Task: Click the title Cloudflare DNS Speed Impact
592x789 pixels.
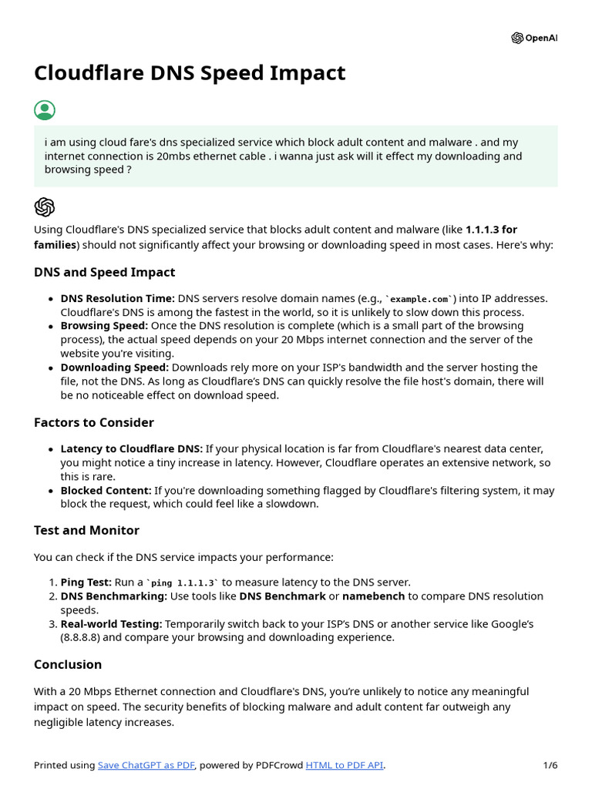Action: (190, 73)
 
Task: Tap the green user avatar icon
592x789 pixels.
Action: (45, 110)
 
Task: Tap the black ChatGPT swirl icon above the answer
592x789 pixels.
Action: (45, 206)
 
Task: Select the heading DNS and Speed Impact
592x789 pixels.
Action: (104, 272)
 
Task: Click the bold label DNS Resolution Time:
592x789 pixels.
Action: (118, 298)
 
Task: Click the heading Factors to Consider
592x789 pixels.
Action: (94, 422)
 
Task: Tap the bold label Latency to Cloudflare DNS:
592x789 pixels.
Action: (132, 448)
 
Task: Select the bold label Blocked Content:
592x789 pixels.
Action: (106, 490)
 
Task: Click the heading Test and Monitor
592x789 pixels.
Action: (86, 530)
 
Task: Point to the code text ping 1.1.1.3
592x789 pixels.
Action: (184, 583)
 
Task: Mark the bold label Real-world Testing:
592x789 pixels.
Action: (111, 623)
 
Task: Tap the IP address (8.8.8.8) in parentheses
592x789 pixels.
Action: (86, 637)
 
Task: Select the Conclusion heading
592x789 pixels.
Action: (68, 664)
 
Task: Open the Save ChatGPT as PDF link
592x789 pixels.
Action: (146, 765)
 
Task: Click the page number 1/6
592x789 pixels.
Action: (550, 765)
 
